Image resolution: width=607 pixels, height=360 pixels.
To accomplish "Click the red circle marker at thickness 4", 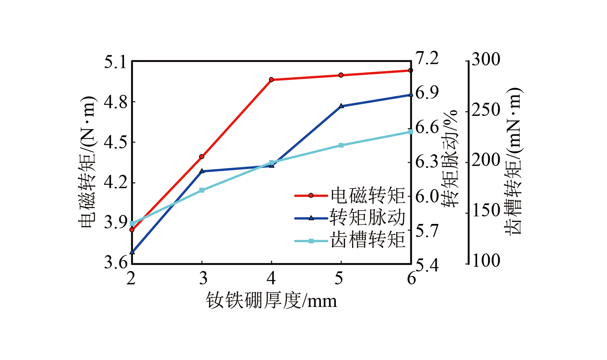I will pyautogui.click(x=271, y=80).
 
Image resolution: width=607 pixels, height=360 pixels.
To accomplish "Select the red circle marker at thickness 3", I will pyautogui.click(x=202, y=157).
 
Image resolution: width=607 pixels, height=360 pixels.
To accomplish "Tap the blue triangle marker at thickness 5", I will pyautogui.click(x=341, y=106).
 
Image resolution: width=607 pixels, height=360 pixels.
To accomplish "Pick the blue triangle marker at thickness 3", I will pyautogui.click(x=202, y=171).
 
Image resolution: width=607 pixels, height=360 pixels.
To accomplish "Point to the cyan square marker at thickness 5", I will pyautogui.click(x=341, y=145).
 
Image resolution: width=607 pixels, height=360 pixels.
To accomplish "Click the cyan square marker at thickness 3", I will pyautogui.click(x=202, y=190).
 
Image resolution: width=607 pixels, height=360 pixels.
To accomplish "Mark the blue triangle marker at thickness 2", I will pyautogui.click(x=132, y=252).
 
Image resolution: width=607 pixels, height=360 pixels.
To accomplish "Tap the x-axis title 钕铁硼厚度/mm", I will pyautogui.click(x=271, y=301).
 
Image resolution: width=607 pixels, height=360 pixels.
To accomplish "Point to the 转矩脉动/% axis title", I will pyautogui.click(x=450, y=159).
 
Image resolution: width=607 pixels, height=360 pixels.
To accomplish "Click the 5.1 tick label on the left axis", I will pyautogui.click(x=115, y=62).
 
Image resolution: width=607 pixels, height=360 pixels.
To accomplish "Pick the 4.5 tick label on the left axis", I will pyautogui.click(x=115, y=142).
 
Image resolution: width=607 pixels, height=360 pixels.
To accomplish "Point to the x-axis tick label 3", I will pyautogui.click(x=203, y=278).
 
